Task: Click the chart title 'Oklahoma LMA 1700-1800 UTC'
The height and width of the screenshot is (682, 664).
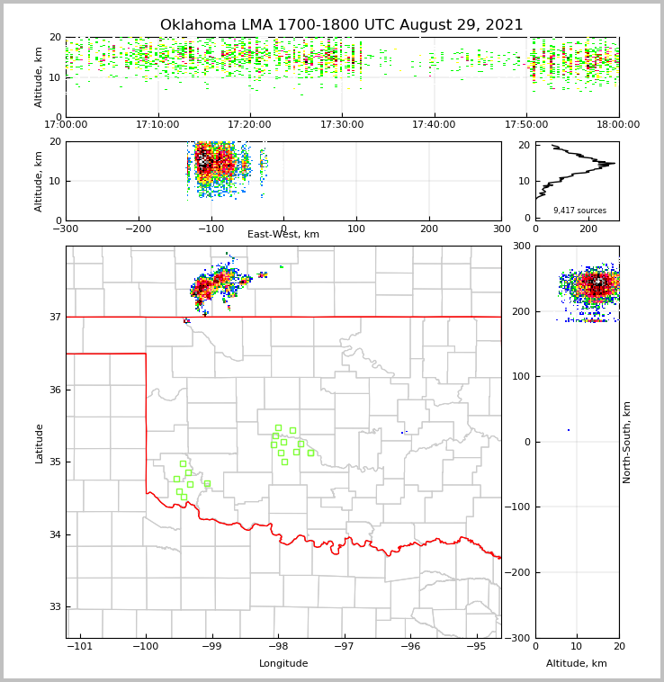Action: pos(341,25)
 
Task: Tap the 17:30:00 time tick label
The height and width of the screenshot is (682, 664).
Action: pos(342,125)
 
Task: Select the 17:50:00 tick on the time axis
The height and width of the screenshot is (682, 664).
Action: pos(526,125)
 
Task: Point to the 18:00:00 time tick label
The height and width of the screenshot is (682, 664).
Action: pos(618,125)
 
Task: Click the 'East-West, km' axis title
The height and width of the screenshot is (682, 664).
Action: pos(283,235)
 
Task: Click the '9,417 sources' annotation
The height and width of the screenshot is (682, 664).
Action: pos(579,211)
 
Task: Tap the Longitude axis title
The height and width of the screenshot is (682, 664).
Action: pos(283,664)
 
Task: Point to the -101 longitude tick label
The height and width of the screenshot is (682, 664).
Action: pos(80,647)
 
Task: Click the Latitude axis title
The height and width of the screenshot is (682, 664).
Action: pos(39,443)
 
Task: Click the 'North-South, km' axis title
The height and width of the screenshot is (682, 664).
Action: pos(627,442)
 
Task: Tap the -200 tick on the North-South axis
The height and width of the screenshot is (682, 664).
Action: pos(518,572)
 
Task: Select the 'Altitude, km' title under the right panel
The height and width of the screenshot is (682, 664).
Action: pos(577,664)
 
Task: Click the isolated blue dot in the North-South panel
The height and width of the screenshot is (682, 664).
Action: pos(569,430)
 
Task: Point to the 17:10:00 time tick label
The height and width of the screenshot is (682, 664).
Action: pos(158,125)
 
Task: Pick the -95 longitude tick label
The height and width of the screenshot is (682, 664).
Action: pos(475,647)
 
